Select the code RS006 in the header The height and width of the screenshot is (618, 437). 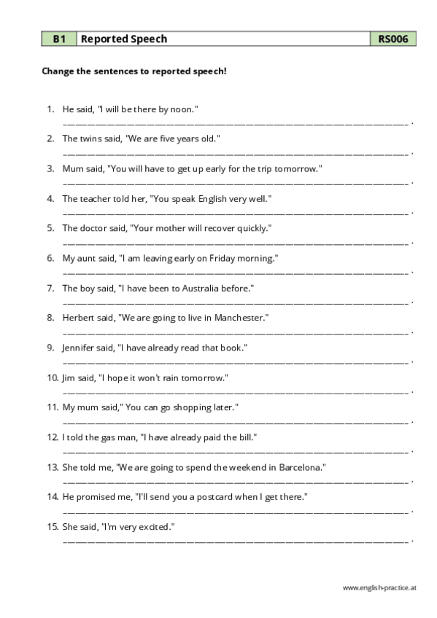[392, 39]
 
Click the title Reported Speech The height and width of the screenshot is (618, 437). [123, 39]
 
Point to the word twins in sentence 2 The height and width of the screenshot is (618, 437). [91, 138]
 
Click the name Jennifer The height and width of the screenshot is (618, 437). [80, 348]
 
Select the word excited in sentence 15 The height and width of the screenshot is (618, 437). [156, 527]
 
